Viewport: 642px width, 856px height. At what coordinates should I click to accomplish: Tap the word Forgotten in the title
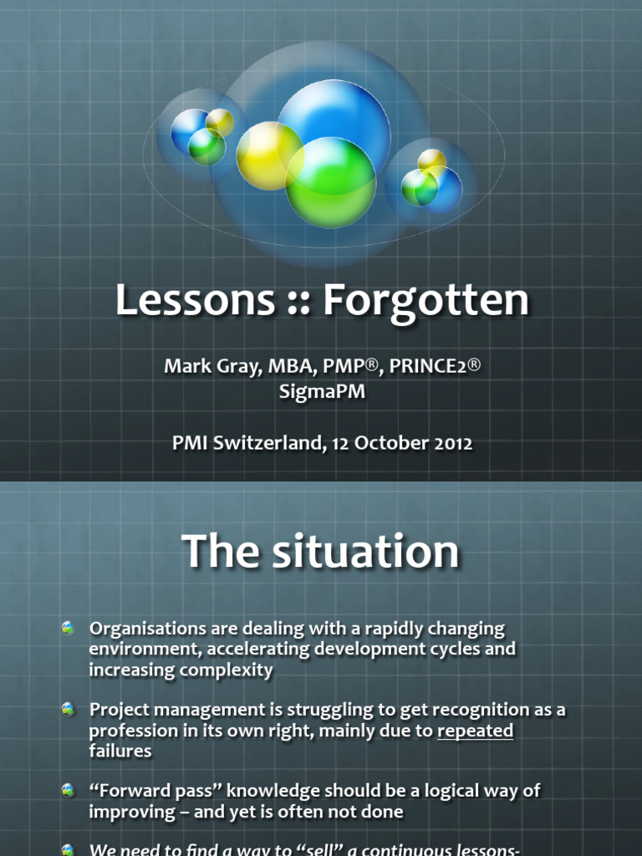pyautogui.click(x=425, y=300)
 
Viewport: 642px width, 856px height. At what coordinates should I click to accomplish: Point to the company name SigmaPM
pyautogui.click(x=322, y=391)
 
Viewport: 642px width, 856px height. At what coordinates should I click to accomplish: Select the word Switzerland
pyautogui.click(x=267, y=443)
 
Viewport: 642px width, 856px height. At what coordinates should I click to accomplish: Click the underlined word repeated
pyautogui.click(x=476, y=731)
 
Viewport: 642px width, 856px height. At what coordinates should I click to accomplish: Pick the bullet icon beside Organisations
pyautogui.click(x=69, y=629)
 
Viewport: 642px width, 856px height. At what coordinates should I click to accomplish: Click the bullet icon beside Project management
pyautogui.click(x=69, y=710)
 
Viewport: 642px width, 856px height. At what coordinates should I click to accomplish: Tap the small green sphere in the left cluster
pyautogui.click(x=206, y=147)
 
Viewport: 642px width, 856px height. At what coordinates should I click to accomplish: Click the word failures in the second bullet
pyautogui.click(x=120, y=751)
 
